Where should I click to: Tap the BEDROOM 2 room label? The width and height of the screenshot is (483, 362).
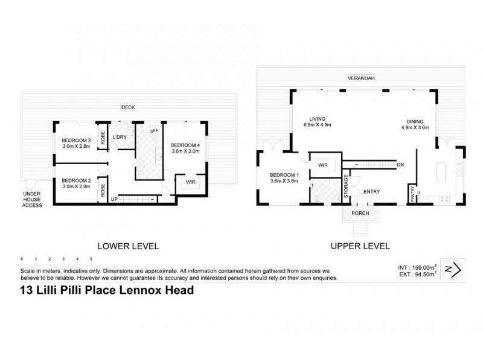[x=76, y=180]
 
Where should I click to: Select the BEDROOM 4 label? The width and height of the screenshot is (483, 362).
[x=187, y=145]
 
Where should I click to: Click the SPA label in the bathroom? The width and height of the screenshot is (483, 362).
[x=154, y=130]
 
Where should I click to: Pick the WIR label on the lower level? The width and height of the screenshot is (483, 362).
[x=190, y=181]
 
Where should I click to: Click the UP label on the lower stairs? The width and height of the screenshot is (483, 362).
[x=114, y=198]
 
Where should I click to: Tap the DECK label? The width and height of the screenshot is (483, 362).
[x=127, y=107]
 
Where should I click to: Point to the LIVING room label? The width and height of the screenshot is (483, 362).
[x=317, y=119]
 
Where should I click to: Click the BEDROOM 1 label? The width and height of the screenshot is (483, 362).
[x=284, y=176]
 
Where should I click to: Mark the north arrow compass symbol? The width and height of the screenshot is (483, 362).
[x=455, y=268]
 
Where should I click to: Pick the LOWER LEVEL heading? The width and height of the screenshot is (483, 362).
[x=128, y=246]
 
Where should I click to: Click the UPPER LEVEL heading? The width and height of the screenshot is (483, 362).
[x=360, y=246]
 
